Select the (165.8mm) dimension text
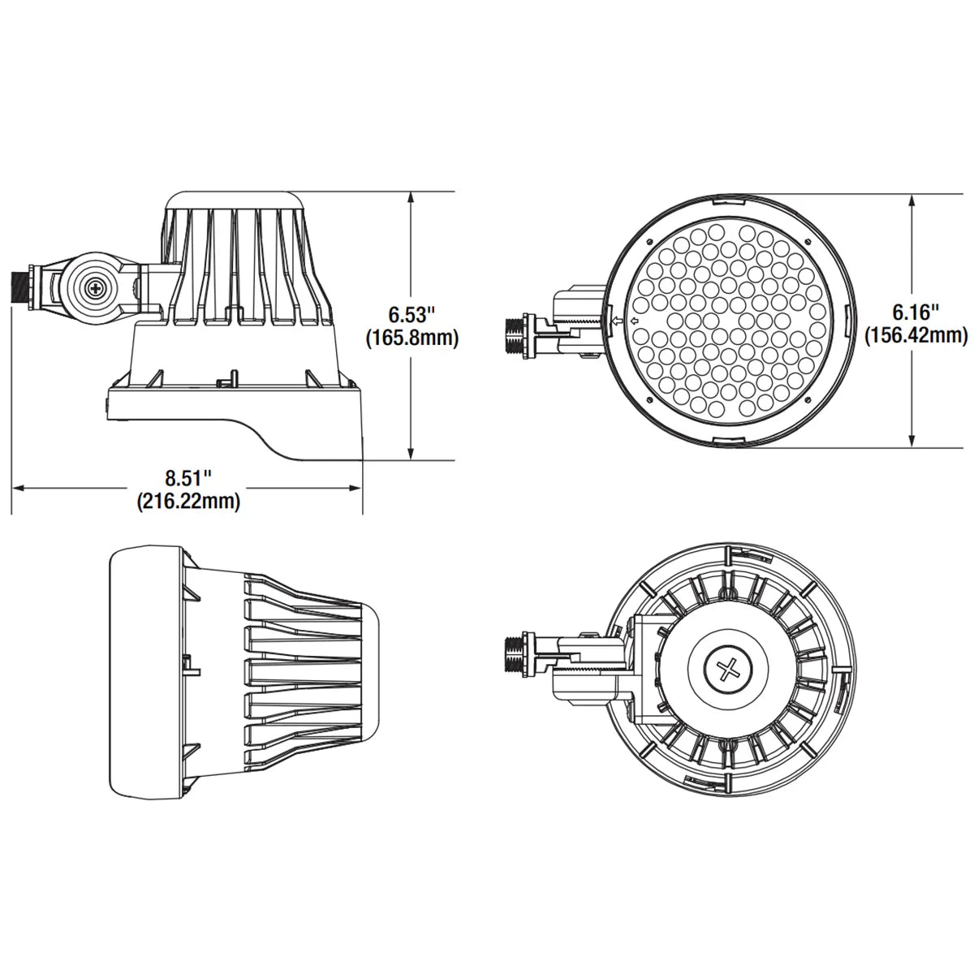coord(412,338)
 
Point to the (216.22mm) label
coord(187,502)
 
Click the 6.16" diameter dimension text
coord(916,311)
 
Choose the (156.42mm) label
coord(916,335)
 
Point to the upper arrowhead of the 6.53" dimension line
coord(412,196)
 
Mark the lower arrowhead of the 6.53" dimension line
coord(412,455)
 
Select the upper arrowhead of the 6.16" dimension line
coord(915,199)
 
